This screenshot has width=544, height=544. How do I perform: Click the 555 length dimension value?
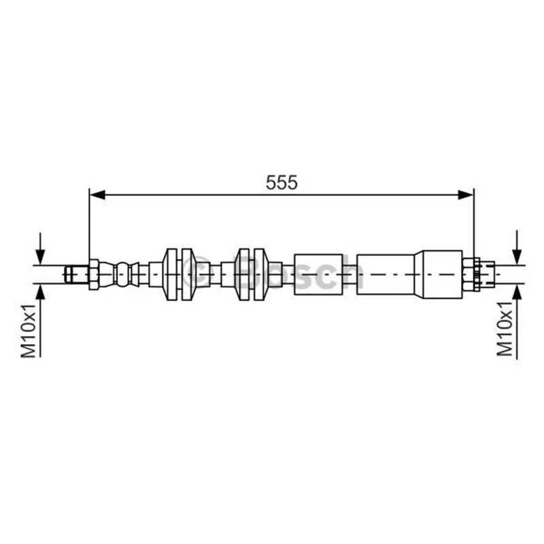point(282,182)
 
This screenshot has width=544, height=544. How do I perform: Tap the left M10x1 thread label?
point(29,330)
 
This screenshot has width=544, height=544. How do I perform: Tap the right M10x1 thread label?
point(505,328)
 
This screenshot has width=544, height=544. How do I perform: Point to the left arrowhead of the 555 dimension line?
point(97,195)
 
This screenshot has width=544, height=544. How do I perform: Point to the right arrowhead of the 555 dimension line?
point(466,195)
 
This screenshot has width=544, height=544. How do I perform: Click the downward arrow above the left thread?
point(41,249)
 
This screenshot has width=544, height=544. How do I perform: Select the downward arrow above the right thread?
point(517,248)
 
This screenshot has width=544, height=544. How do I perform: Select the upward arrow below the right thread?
point(517,321)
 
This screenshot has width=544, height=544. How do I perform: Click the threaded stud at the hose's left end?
point(77,274)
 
